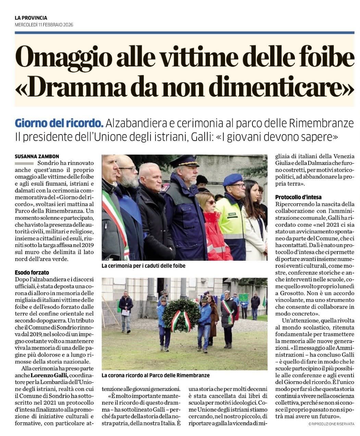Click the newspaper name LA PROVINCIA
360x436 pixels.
[x=31, y=18]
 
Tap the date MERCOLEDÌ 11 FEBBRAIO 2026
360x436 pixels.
[x=44, y=25]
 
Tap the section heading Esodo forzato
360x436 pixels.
[x=32, y=273]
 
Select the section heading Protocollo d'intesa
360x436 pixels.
[x=297, y=197]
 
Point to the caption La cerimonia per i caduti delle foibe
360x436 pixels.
[x=144, y=266]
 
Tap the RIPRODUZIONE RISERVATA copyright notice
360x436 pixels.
[x=331, y=424]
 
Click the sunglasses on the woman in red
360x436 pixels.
[x=210, y=203]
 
